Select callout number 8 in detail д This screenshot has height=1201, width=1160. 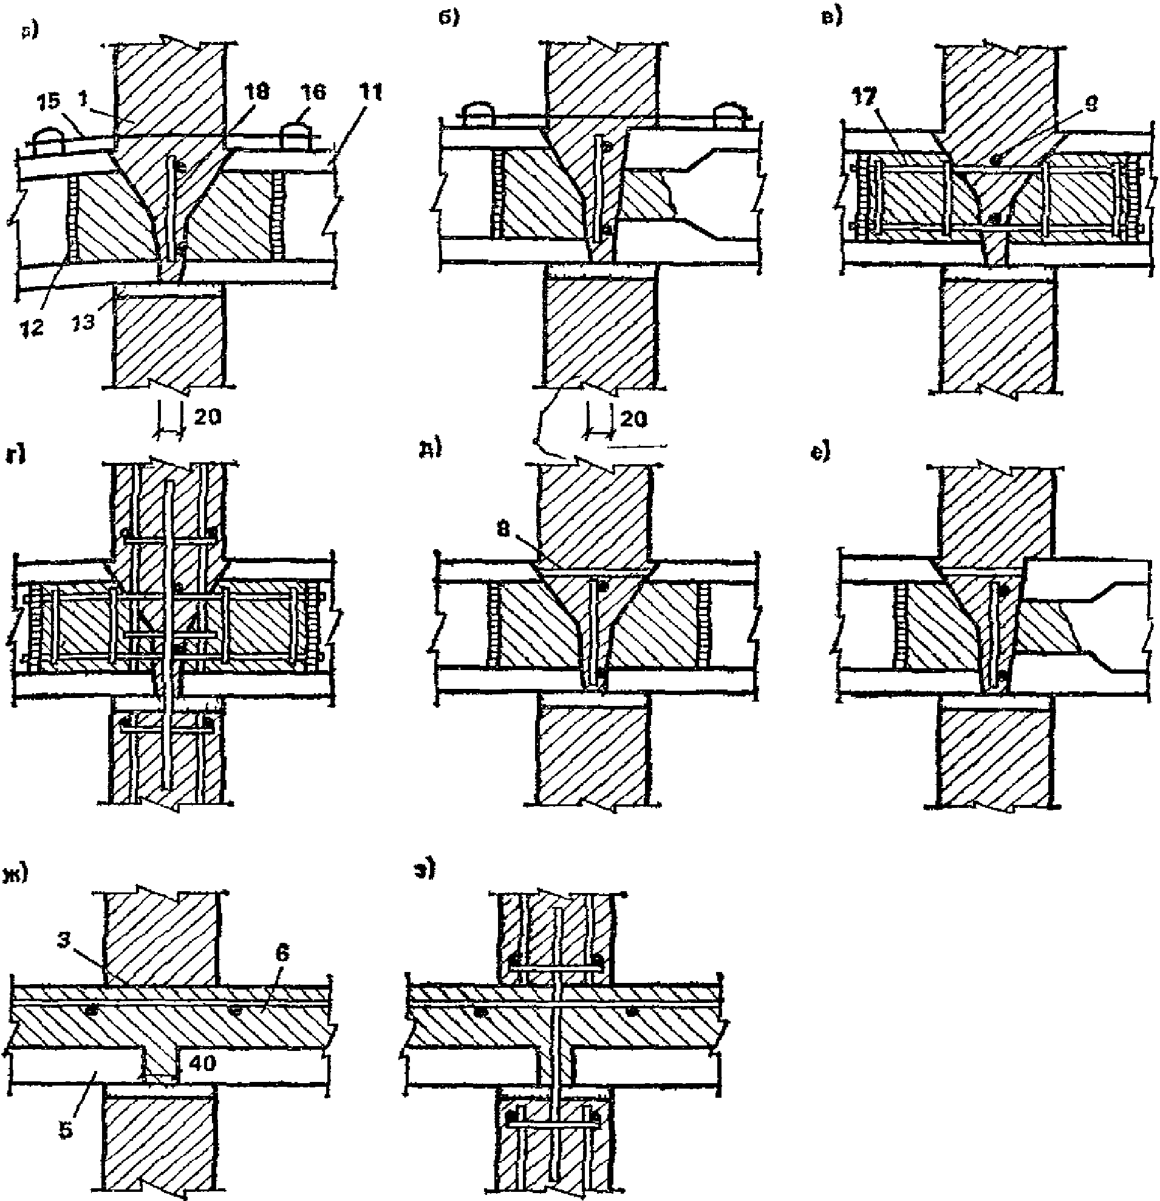[503, 529]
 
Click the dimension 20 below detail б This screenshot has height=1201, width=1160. [633, 419]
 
